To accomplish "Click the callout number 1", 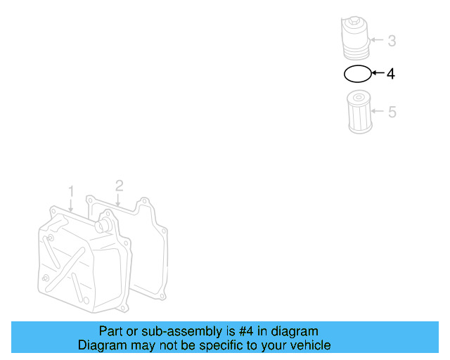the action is pos(71,191).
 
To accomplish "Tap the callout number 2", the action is pos(120,186).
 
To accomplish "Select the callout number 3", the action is pos(392,41).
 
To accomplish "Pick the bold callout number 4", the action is pos(391,73).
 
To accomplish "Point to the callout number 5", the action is pos(392,111).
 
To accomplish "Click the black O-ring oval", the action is pos(356,72).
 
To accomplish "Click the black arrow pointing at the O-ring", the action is pos(377,73).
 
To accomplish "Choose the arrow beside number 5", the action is pos(377,111).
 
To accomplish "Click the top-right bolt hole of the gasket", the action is pos(143,201).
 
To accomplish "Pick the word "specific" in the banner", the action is pos(229,345).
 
